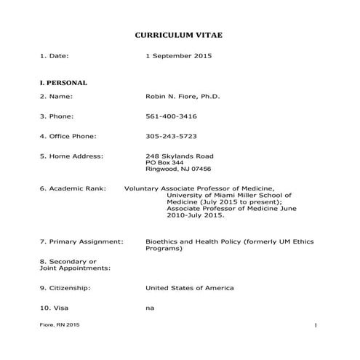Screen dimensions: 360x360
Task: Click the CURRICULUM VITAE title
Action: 180,35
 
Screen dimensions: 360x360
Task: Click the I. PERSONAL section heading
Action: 63,83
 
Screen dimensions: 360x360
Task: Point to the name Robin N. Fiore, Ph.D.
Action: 178,96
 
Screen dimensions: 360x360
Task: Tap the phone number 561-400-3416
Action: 171,116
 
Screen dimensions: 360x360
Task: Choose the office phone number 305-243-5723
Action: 171,136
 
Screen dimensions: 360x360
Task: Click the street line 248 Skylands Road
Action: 180,156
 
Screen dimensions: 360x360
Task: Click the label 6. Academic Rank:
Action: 73,189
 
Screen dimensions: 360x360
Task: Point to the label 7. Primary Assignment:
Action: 81,241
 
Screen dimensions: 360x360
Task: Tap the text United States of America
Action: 190,288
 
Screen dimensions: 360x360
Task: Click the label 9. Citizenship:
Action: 65,288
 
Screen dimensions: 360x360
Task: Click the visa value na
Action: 150,308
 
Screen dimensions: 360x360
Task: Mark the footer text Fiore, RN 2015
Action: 60,324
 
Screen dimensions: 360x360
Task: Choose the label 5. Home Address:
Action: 71,156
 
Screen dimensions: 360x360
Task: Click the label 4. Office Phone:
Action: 68,136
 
